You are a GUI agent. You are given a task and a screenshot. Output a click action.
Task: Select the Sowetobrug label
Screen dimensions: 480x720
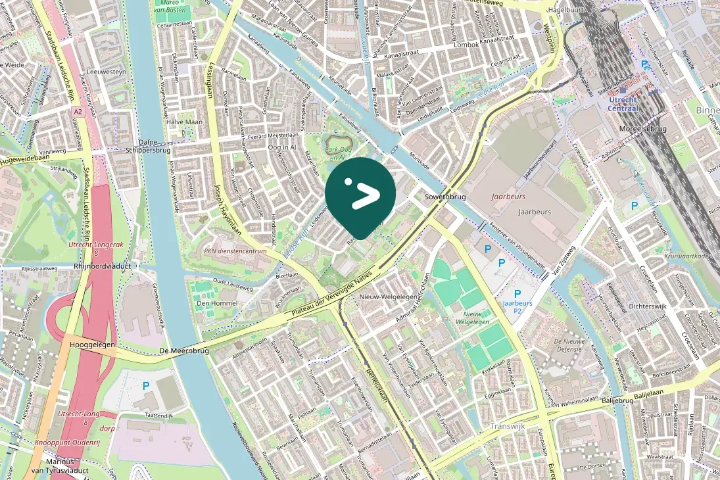pyautogui.click(x=444, y=197)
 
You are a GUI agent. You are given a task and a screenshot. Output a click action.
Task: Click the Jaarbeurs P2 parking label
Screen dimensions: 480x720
pyautogui.click(x=517, y=307)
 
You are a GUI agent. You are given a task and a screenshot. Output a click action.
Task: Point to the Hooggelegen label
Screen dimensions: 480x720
pyautogui.click(x=93, y=345)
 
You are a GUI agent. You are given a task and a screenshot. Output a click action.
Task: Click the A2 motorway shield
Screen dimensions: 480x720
pyautogui.click(x=78, y=112)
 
